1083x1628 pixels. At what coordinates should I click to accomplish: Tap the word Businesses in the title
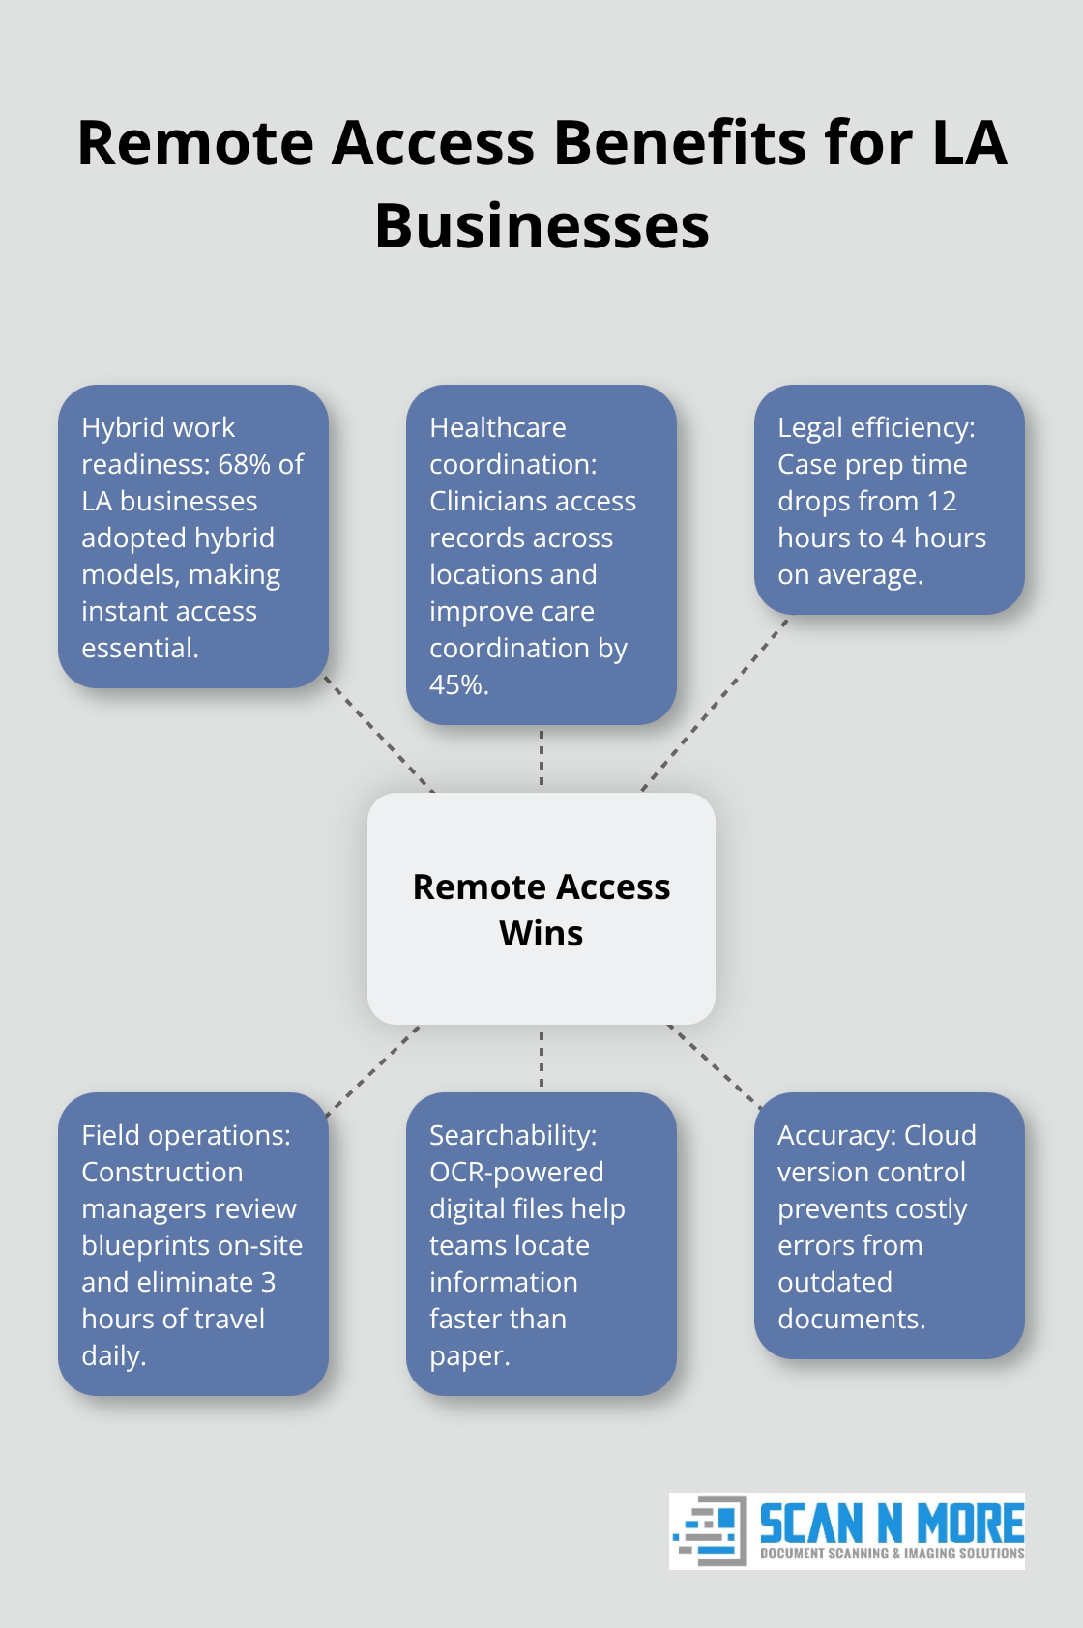[541, 226]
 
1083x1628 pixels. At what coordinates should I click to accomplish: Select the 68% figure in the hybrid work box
[246, 465]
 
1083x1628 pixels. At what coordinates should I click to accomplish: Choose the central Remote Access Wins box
[541, 908]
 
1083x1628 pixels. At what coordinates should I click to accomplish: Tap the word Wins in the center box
[541, 934]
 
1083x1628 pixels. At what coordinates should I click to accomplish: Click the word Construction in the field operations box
[162, 1173]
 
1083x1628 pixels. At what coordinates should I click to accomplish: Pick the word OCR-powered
[516, 1173]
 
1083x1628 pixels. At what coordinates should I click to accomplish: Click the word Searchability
[512, 1136]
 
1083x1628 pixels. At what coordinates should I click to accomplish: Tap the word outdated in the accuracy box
[834, 1283]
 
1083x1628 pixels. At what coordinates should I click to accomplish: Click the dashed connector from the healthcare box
[541, 758]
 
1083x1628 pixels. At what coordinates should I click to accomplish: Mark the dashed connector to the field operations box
[373, 1070]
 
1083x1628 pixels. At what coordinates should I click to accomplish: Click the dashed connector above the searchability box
[541, 1059]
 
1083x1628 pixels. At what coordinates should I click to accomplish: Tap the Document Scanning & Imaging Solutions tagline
[892, 1554]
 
